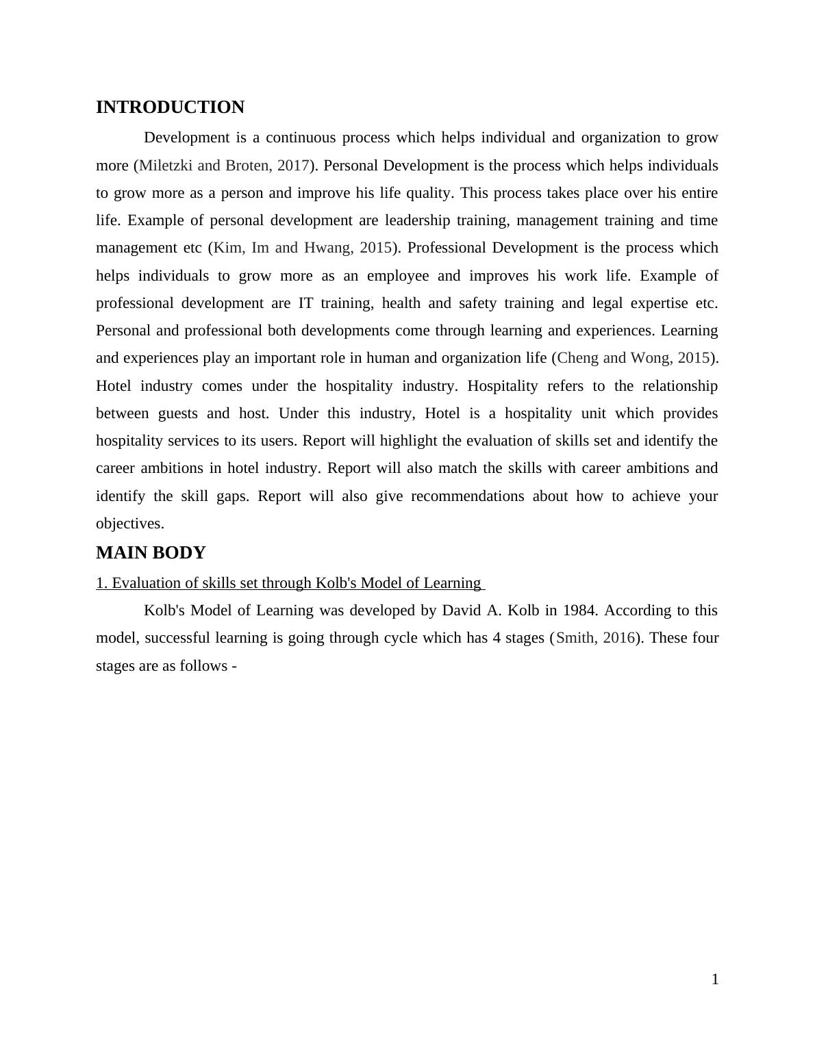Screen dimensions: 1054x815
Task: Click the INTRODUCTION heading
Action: (170, 107)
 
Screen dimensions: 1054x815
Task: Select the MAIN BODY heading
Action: (151, 553)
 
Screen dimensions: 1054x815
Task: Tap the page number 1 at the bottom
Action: (715, 980)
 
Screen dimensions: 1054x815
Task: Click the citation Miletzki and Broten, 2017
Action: (224, 166)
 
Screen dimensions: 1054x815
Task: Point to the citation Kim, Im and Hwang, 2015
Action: (303, 248)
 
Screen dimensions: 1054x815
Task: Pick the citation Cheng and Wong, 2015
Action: (634, 358)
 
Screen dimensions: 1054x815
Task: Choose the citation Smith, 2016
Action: (595, 638)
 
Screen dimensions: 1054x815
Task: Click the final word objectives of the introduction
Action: (129, 524)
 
